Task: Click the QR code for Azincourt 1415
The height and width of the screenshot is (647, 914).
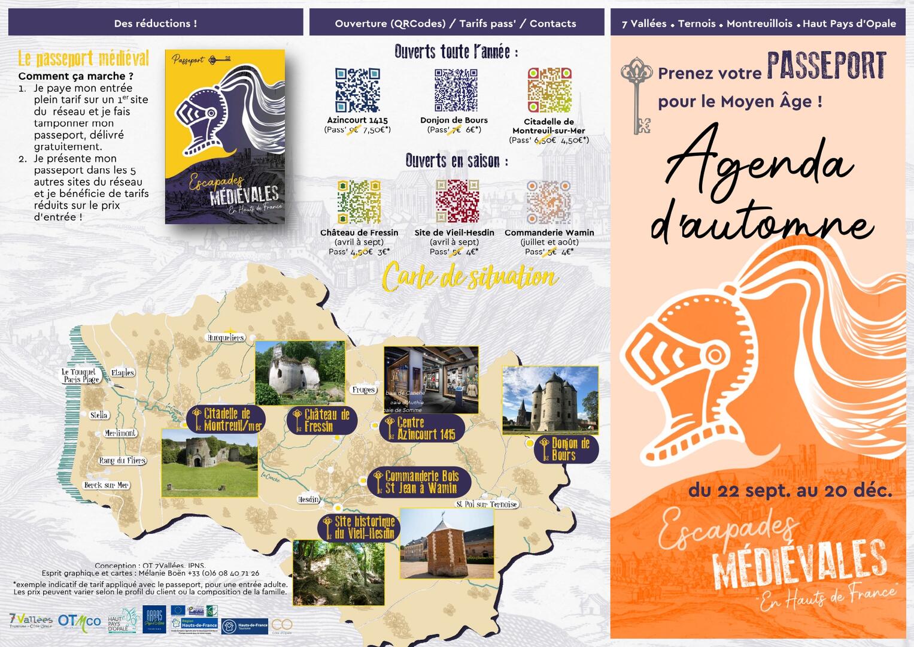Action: click(x=357, y=90)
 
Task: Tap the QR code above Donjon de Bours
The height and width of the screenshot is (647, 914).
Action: click(x=456, y=90)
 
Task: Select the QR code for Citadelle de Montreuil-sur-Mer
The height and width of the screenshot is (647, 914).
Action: click(x=549, y=90)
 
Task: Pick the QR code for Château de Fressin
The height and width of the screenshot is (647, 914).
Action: click(x=359, y=201)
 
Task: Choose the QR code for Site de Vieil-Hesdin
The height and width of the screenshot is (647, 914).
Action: click(x=457, y=201)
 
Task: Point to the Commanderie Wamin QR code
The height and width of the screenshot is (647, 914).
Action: click(x=548, y=201)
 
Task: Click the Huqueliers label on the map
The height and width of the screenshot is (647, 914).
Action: click(x=226, y=338)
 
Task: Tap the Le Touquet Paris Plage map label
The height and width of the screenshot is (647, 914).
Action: click(x=80, y=376)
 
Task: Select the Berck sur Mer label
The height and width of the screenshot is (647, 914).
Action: click(x=107, y=485)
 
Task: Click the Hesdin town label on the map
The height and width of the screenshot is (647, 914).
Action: click(x=309, y=500)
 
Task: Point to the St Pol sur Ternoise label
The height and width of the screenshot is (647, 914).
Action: click(x=487, y=504)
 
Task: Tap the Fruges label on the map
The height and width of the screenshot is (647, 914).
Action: click(x=363, y=390)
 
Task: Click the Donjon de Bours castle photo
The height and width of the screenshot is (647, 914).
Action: click(x=550, y=400)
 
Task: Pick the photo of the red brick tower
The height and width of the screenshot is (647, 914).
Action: click(x=447, y=543)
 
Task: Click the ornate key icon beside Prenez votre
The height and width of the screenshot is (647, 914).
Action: click(x=637, y=94)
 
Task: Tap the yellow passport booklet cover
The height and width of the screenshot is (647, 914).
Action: click(x=225, y=137)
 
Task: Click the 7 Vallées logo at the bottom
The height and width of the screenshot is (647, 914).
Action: click(x=31, y=621)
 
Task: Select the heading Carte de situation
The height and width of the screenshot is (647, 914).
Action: click(x=470, y=277)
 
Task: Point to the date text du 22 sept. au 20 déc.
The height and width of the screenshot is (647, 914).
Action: click(x=790, y=491)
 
